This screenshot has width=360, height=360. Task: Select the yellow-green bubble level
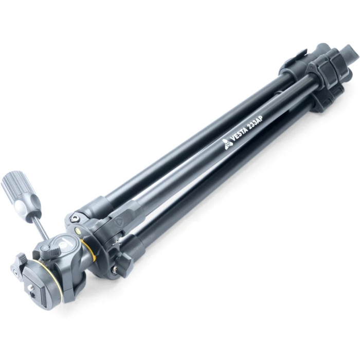pyautogui.click(x=77, y=229)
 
